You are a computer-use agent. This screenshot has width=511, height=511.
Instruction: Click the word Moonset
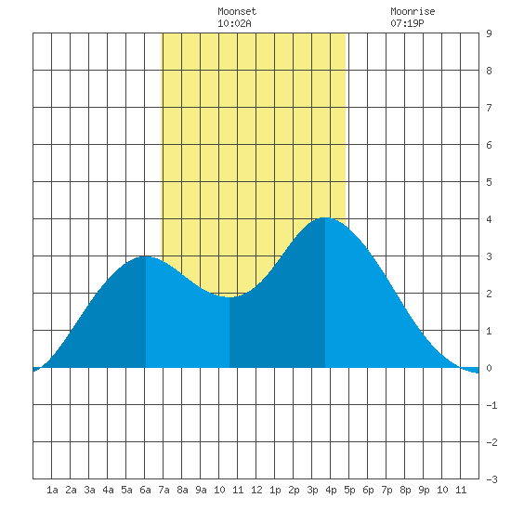pos(237,11)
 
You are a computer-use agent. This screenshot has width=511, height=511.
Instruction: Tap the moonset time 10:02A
pos(234,23)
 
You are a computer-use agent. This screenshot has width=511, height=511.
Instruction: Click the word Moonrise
pos(413,11)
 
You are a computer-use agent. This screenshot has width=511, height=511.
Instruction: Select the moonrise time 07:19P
pos(407,23)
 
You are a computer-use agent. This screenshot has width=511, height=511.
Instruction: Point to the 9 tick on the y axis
pos(489,33)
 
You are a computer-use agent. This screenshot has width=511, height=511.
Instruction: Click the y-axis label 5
pos(489,182)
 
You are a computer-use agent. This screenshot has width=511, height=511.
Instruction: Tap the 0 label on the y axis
pos(489,368)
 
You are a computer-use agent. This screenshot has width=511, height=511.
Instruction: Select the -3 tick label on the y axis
pos(491,479)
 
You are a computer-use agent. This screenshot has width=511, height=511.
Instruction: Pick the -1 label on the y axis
pos(491,405)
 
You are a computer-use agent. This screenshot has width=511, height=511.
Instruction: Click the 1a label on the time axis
pos(52,490)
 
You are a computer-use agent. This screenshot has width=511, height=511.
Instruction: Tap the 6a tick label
pos(145,490)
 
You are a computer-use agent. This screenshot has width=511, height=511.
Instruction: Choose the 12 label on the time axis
pos(256,490)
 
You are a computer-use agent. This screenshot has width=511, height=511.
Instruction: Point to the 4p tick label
pos(331,490)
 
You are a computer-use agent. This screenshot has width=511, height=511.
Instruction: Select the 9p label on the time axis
pos(424,490)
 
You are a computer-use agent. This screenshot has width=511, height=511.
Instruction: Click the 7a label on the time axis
pos(164,490)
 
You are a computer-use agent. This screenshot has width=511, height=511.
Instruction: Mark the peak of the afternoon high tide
pos(325,217)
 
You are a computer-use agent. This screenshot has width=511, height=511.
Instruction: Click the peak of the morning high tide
pos(145,256)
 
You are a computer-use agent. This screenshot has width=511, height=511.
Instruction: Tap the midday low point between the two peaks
pos(229,297)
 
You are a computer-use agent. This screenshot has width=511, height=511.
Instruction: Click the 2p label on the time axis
pos(294,490)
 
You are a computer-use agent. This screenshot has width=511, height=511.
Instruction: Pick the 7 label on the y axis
pos(489,108)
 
